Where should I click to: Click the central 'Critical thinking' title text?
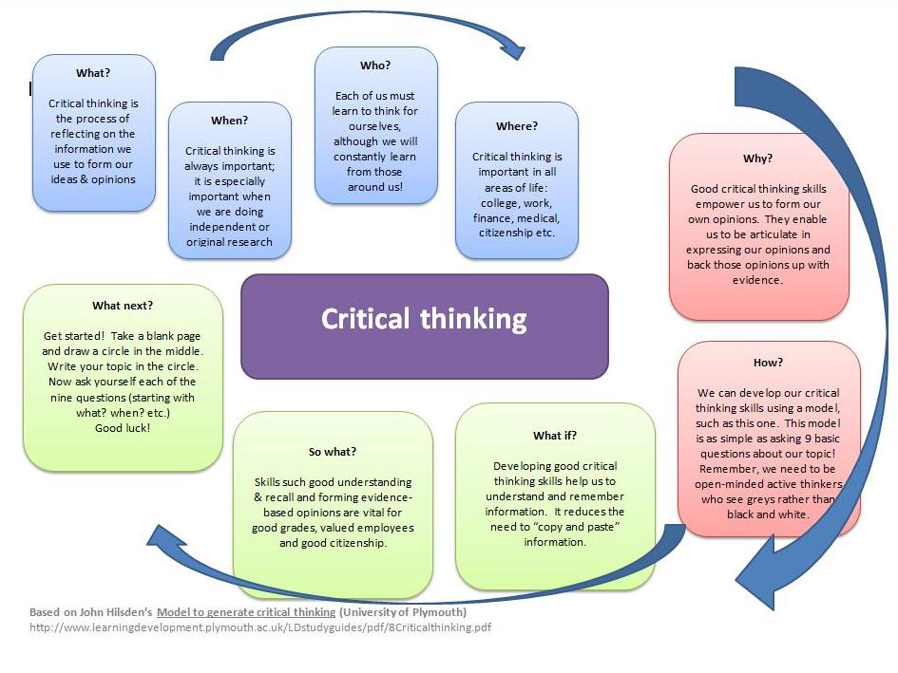424,318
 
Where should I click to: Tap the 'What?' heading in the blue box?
93,73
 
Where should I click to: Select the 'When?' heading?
229,121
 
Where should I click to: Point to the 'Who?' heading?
375,65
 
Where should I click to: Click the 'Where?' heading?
516,126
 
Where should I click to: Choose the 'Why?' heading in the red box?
757,159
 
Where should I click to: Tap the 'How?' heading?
768,363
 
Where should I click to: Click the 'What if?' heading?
554,436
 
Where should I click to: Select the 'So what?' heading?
333,452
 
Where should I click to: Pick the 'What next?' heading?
123,306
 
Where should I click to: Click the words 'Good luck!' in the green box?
123,428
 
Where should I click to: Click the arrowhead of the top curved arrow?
513,48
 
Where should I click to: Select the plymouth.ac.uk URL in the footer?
260,627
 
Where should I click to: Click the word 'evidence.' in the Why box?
757,280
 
